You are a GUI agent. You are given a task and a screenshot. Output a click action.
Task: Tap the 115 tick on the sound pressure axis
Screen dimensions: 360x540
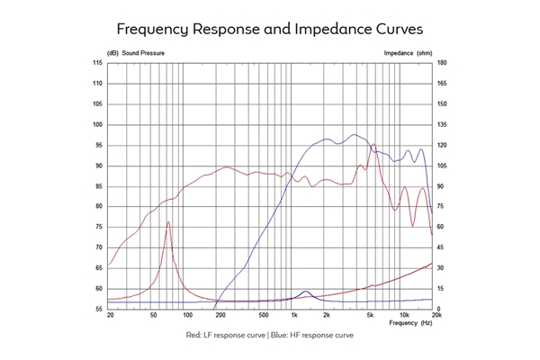coord(97,62)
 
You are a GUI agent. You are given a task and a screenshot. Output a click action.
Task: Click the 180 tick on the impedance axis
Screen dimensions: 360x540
coord(442,62)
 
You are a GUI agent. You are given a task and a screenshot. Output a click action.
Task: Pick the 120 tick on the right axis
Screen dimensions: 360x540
coord(442,145)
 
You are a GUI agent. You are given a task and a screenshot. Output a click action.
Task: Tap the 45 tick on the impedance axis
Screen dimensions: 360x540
coord(441,247)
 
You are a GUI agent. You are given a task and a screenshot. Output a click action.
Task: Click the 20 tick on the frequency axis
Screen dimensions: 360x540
coord(110,316)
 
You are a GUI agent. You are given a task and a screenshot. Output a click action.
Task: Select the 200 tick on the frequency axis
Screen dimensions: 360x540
coord(220,316)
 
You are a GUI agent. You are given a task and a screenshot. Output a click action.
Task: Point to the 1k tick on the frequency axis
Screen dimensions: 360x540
coord(293,316)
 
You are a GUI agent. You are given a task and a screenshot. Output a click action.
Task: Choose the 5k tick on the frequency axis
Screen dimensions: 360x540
coord(370,316)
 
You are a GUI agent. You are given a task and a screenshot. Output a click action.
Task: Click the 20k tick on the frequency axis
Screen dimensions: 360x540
coord(436,316)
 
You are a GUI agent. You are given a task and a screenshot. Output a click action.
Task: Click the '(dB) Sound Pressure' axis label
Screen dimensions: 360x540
coord(137,53)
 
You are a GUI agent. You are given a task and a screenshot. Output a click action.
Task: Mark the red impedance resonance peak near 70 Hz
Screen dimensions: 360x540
coord(168,222)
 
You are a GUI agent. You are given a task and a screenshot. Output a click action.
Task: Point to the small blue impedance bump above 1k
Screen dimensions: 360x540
coord(307,292)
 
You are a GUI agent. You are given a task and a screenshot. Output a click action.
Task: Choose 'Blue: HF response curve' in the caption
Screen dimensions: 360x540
coord(308,336)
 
